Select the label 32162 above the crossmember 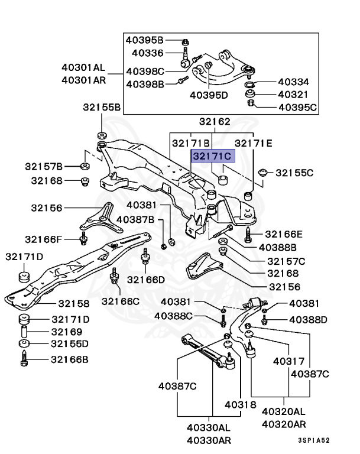[x=214, y=122]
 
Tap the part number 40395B [x=144, y=40]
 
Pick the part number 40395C [x=297, y=108]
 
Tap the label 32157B [x=44, y=167]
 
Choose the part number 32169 [x=66, y=332]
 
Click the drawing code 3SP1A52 [x=313, y=440]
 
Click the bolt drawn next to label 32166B [x=25, y=359]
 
